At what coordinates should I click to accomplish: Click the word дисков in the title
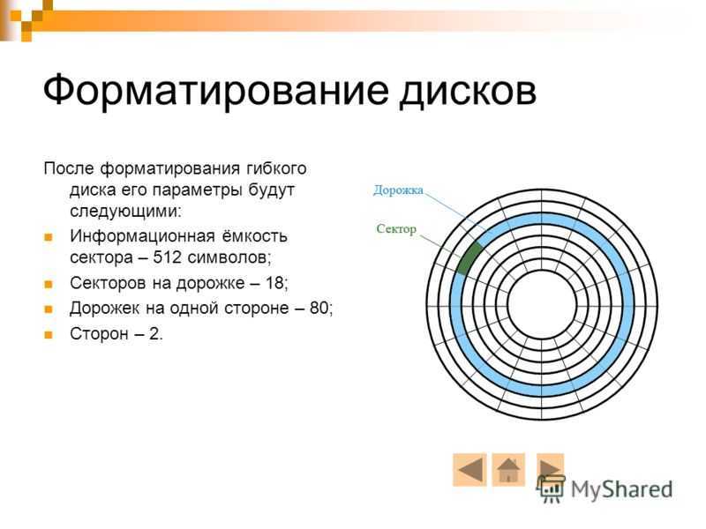tap(469, 92)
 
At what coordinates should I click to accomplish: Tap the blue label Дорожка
tap(399, 190)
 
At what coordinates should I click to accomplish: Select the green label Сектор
tap(396, 229)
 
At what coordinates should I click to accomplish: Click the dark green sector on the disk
tap(469, 258)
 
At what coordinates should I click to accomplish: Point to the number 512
tap(167, 257)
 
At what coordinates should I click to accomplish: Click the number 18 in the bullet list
tap(274, 283)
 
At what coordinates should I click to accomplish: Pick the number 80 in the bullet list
tap(319, 308)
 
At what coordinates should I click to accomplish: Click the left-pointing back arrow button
tap(469, 470)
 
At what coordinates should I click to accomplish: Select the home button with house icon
tap(508, 470)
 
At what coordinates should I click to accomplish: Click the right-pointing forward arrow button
tap(550, 468)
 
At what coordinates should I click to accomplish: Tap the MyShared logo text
tap(622, 489)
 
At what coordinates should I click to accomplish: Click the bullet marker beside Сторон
tap(49, 335)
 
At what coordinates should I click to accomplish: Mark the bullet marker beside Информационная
tap(49, 237)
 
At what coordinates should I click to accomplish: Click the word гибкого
tap(276, 168)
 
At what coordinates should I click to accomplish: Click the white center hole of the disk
tap(542, 304)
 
